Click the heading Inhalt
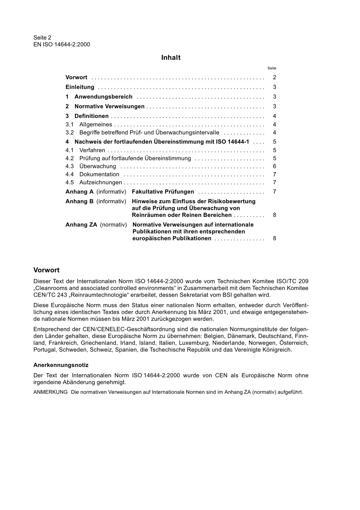click(x=171, y=58)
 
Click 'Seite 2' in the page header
click(x=42, y=38)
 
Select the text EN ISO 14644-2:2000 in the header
click(x=62, y=44)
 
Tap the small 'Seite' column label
click(x=272, y=68)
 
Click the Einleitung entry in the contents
click(x=80, y=87)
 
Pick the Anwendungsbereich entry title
click(x=103, y=97)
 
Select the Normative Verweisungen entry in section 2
click(x=110, y=107)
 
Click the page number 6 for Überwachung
click(x=274, y=166)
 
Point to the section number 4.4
click(x=69, y=174)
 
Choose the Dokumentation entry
click(x=99, y=174)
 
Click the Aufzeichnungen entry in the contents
click(x=100, y=183)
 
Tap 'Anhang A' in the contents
click(x=79, y=192)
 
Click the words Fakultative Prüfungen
click(x=163, y=192)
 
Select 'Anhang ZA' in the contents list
click(x=81, y=225)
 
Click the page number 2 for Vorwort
click(x=274, y=77)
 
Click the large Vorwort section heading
click(x=46, y=270)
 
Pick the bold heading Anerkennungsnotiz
click(x=61, y=365)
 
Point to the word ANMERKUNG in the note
click(x=50, y=392)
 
